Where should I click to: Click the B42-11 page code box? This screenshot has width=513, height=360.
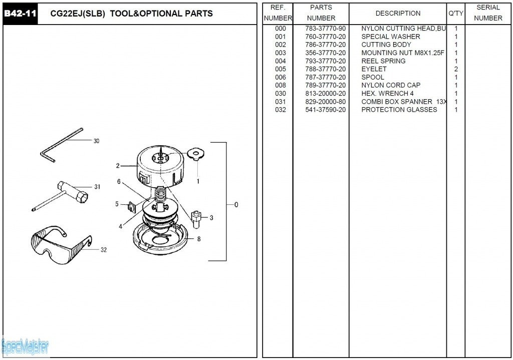pyautogui.click(x=20, y=14)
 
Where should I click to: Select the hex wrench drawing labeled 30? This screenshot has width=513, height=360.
pyautogui.click(x=60, y=145)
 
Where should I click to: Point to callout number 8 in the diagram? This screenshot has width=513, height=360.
pyautogui.click(x=199, y=239)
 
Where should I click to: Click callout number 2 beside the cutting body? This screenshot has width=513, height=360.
pyautogui.click(x=118, y=166)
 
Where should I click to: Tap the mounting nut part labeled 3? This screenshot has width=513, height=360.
pyautogui.click(x=196, y=218)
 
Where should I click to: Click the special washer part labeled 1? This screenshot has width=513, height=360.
pyautogui.click(x=194, y=154)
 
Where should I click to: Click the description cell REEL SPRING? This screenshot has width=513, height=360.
pyautogui.click(x=383, y=61)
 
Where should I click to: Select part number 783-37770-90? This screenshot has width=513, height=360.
pyautogui.click(x=325, y=29)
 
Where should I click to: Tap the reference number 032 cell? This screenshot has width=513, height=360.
pyautogui.click(x=281, y=110)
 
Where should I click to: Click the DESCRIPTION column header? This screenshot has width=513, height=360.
pyautogui.click(x=398, y=14)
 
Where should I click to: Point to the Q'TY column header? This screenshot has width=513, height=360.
pyautogui.click(x=455, y=14)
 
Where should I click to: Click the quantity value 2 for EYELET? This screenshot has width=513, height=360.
pyautogui.click(x=456, y=69)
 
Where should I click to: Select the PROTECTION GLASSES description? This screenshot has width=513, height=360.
pyautogui.click(x=399, y=110)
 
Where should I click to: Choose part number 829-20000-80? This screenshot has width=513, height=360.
pyautogui.click(x=325, y=102)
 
